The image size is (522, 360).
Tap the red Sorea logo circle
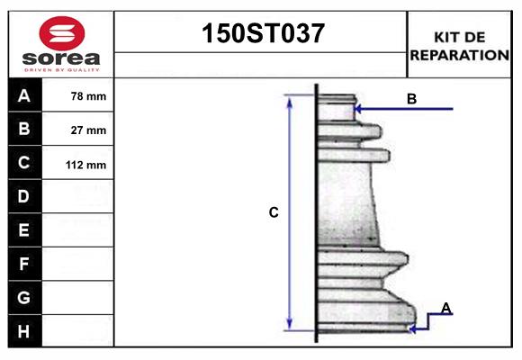pyautogui.click(x=61, y=34)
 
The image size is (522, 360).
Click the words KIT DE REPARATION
pyautogui.click(x=460, y=45)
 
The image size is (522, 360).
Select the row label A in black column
pyautogui.click(x=24, y=95)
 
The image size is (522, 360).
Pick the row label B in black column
pyautogui.click(x=24, y=129)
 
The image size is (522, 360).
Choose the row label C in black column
pyautogui.click(x=24, y=163)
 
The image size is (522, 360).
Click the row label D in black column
pyautogui.click(x=24, y=196)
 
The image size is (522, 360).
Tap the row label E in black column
pyautogui.click(x=24, y=230)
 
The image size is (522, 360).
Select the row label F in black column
pyautogui.click(x=24, y=264)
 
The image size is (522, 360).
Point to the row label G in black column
pyautogui.click(x=24, y=297)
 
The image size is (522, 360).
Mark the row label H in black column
pyautogui.click(x=24, y=331)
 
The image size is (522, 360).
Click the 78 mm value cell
pyautogui.click(x=88, y=96)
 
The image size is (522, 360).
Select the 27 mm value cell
pyautogui.click(x=88, y=130)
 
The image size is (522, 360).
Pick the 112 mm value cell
pyautogui.click(x=87, y=165)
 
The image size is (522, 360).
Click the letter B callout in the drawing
pyautogui.click(x=411, y=99)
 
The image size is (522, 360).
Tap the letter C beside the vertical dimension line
pyautogui.click(x=274, y=213)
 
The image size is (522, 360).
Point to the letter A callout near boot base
pyautogui.click(x=445, y=309)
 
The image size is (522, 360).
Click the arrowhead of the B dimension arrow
pyautogui.click(x=358, y=109)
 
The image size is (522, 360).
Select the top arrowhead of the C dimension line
pyautogui.click(x=290, y=100)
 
